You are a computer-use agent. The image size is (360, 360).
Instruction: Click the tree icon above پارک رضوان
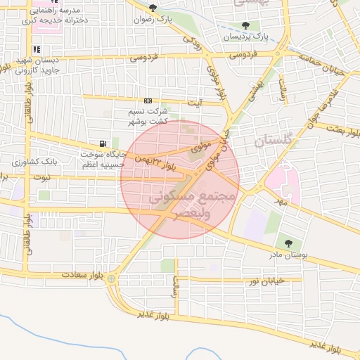[153, 8]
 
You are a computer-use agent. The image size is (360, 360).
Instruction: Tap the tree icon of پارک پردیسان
[245, 25]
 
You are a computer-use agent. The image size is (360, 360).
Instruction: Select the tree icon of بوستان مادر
[288, 244]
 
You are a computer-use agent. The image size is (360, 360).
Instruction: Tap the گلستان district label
[271, 141]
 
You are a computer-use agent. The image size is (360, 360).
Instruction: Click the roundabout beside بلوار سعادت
[112, 278]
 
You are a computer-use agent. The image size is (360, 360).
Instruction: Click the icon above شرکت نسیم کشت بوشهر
[148, 101]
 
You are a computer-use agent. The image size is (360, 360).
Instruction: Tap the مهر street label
[283, 201]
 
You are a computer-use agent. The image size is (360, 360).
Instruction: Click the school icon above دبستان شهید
[37, 49]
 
